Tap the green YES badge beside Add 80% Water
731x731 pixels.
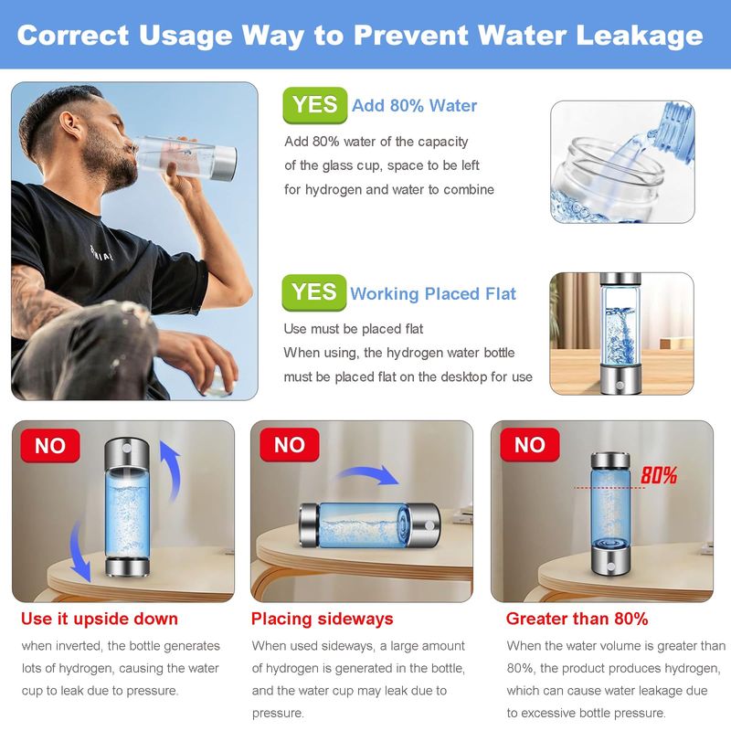315,105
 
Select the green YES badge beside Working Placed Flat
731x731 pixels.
314,292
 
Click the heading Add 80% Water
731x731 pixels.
415,105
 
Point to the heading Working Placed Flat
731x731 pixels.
433,293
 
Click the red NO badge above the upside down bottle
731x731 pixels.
50,446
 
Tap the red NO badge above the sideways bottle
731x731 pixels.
290,445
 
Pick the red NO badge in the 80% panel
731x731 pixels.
530,445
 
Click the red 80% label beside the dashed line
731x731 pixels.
659,475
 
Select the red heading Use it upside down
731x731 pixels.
100,619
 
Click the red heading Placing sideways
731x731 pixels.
323,619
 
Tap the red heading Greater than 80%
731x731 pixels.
577,619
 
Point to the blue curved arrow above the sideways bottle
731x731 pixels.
368,472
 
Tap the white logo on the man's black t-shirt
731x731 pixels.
101,253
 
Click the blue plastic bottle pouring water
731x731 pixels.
670,127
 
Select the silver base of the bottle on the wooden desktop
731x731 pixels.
620,380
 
